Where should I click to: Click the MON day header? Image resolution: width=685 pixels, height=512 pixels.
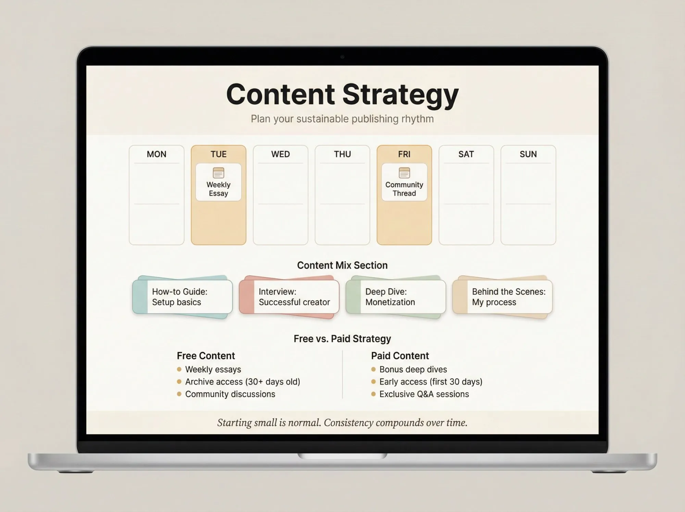(157, 154)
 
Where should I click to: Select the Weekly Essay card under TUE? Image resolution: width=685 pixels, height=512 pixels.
(219, 182)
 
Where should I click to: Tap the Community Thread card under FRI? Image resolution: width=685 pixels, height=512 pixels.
(404, 182)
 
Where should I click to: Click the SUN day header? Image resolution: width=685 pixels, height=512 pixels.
(528, 154)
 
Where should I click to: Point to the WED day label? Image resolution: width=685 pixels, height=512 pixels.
(281, 154)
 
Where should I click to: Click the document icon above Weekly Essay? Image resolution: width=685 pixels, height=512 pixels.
(219, 173)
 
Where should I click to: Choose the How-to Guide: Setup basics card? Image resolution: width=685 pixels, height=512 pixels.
(183, 297)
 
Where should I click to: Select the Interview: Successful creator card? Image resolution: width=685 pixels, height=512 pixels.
(290, 297)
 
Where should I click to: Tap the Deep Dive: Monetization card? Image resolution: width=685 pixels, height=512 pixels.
(396, 297)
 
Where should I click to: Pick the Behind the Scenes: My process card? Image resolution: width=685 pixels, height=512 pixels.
(503, 297)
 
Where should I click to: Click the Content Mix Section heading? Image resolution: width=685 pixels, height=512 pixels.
(342, 265)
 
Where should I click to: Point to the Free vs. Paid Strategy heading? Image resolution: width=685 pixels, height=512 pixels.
(342, 339)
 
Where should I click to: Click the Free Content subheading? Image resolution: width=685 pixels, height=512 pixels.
(206, 356)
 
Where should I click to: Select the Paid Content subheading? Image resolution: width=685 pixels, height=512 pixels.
(400, 356)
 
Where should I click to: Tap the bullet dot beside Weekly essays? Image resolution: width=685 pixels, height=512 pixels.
(179, 369)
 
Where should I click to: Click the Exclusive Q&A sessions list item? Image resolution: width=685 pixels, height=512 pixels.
(424, 394)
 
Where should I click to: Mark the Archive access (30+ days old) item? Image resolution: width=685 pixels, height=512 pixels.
(242, 382)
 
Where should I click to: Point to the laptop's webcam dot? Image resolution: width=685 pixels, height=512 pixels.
(342, 57)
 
